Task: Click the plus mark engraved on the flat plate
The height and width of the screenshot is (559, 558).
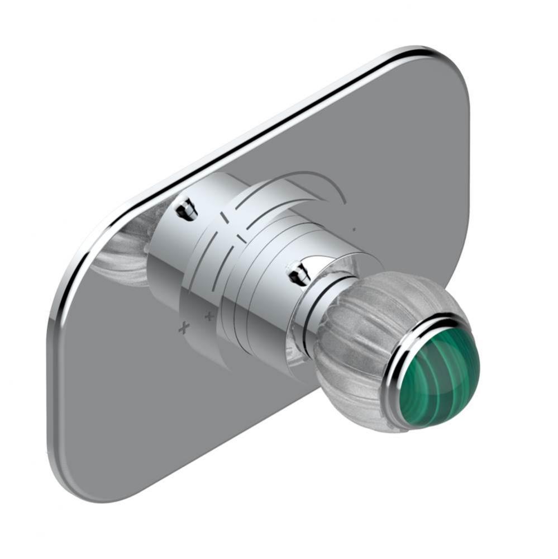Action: (x=183, y=328)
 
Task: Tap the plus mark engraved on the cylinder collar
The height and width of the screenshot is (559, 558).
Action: (x=209, y=317)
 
